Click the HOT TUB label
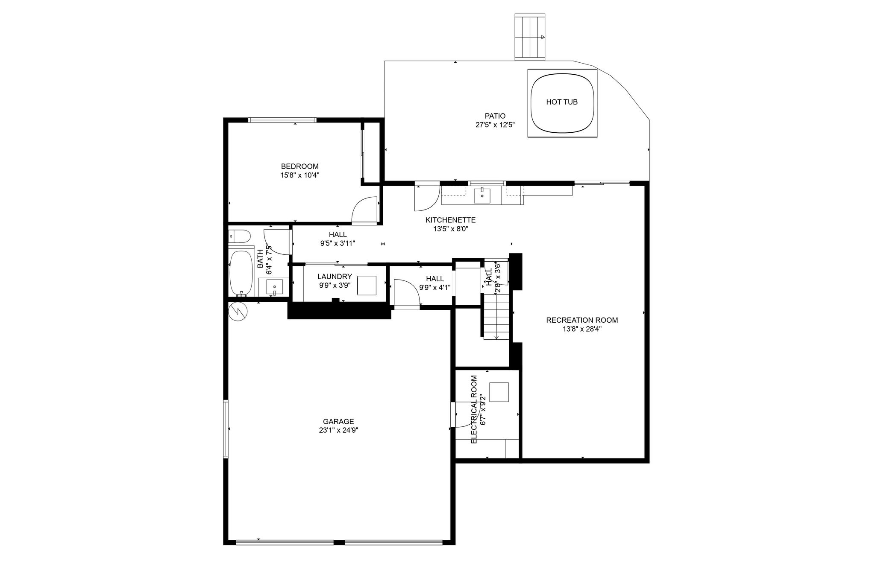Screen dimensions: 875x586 (x=562, y=102)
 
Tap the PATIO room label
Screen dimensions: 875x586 (x=495, y=116)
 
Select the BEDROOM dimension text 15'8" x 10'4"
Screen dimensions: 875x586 (x=300, y=175)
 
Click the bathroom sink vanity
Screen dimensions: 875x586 (x=274, y=287)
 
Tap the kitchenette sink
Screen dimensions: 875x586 (x=482, y=195)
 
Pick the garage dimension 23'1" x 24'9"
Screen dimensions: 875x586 (x=338, y=430)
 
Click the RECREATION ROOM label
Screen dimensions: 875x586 (x=582, y=320)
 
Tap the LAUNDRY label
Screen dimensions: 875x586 (x=335, y=277)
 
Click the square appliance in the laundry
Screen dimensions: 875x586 (x=367, y=285)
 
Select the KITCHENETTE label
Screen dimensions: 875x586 (x=450, y=220)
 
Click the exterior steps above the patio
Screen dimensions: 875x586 (x=530, y=37)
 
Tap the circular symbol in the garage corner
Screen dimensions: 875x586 (x=238, y=311)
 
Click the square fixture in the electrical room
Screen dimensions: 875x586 (x=499, y=392)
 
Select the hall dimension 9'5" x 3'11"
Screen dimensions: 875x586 (x=338, y=244)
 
